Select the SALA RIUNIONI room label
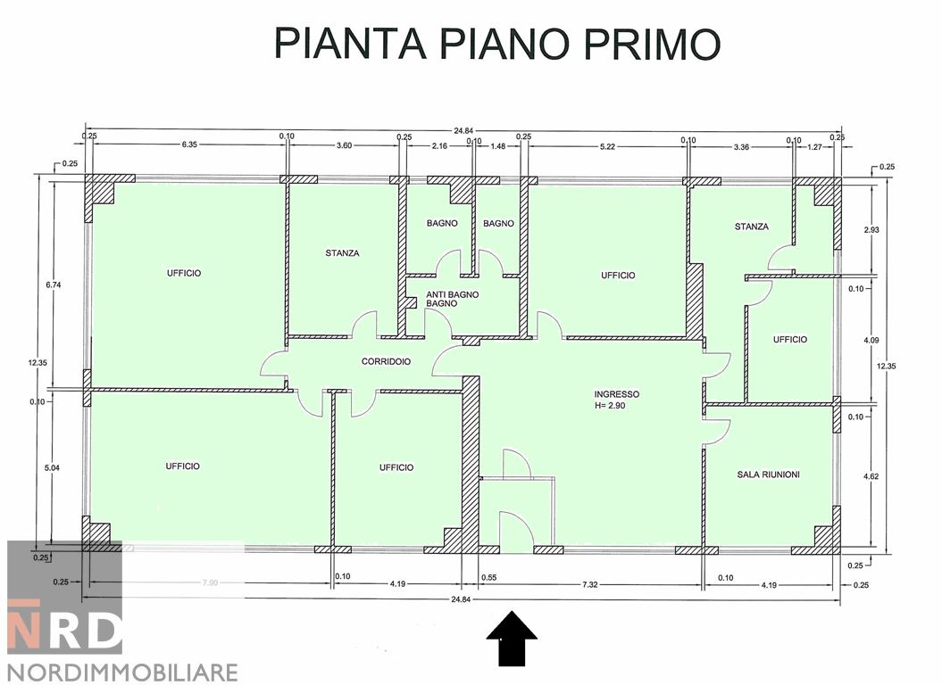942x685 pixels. (768, 475)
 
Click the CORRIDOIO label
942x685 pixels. (386, 362)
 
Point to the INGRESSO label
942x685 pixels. (617, 393)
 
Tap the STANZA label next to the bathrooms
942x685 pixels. (342, 253)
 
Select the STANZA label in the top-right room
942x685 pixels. (751, 227)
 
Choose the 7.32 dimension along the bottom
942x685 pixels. (590, 583)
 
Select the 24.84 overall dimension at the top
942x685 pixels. (462, 131)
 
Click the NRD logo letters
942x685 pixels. (64, 630)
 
